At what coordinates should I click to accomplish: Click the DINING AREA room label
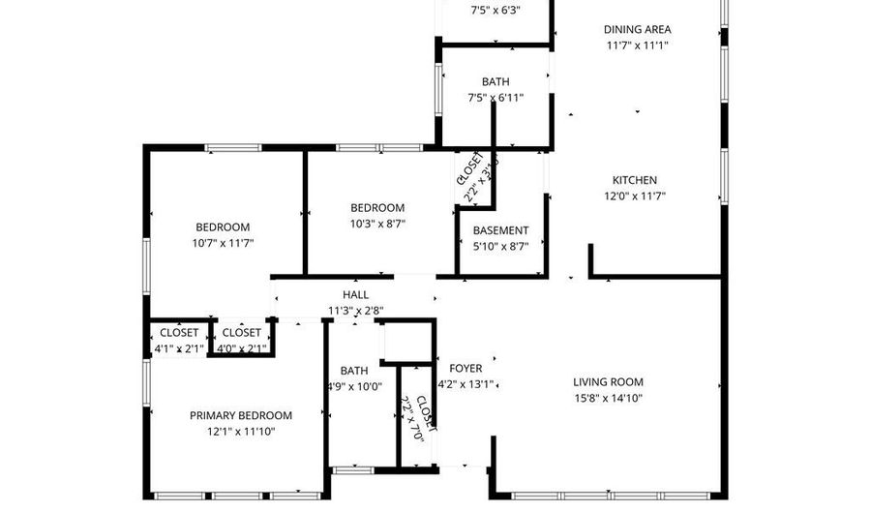coord(637,29)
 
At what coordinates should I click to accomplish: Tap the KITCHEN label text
coord(634,180)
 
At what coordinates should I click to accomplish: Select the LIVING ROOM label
coord(608,382)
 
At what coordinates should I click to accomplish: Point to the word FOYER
coord(466,369)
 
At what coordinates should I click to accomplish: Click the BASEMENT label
coord(500,230)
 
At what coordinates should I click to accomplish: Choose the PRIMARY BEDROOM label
coord(240,415)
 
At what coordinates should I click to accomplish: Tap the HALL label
coord(355,295)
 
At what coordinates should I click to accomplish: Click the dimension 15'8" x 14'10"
coord(608,398)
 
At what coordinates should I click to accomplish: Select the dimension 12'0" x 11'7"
coord(634,196)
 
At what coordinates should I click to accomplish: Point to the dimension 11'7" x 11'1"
coord(637,45)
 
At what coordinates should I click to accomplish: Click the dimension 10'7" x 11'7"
coord(223,243)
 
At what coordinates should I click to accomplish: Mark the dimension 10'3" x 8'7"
coord(376,224)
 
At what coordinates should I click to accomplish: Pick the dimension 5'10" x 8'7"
coord(500,246)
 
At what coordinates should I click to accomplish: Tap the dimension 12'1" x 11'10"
coord(240,431)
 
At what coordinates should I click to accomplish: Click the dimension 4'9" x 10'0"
coord(354,386)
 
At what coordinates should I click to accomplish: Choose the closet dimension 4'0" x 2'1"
coord(241,348)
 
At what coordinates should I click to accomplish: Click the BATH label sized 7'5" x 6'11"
coord(496,82)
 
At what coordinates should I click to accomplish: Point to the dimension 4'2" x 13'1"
coord(466,384)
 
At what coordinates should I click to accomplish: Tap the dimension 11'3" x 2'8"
coord(355,311)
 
